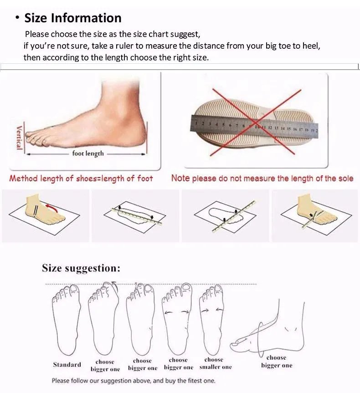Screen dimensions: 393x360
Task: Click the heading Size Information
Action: click(x=73, y=18)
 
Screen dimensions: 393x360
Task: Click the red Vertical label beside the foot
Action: click(x=19, y=137)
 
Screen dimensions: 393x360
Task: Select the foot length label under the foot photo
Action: click(x=88, y=153)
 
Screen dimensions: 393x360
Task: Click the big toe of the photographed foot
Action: click(x=34, y=135)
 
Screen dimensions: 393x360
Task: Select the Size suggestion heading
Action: click(x=81, y=268)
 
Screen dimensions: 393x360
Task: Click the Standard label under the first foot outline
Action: click(x=67, y=364)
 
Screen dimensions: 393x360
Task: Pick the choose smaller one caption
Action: click(x=215, y=363)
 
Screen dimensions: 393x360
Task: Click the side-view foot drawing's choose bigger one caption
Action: click(x=276, y=362)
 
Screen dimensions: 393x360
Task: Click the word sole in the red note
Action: click(x=345, y=179)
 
